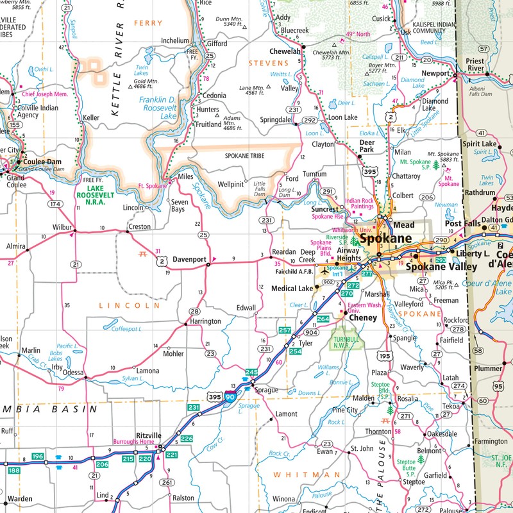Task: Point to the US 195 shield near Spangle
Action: (384, 356)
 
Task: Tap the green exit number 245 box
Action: (251, 372)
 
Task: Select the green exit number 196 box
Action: (38, 457)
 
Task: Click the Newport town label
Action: (436, 73)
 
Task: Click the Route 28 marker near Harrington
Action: (194, 312)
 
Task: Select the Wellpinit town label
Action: (230, 185)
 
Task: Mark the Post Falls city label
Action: (462, 223)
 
